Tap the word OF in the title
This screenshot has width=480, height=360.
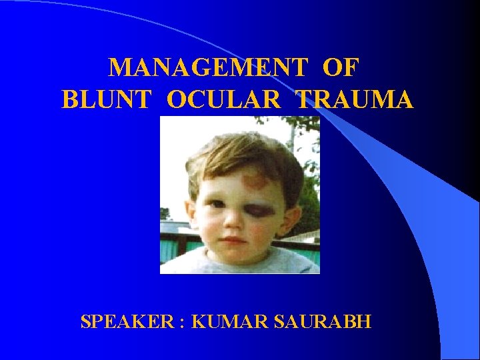[x=341, y=67]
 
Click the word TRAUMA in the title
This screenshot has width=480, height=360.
[x=355, y=99]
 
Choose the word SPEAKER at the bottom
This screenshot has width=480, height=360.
[x=123, y=322]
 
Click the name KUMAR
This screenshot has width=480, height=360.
[x=223, y=322]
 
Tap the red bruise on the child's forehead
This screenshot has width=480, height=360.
[x=253, y=179]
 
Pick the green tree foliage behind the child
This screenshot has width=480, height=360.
[x=308, y=200]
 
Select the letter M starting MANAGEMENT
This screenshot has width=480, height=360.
[x=119, y=67]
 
